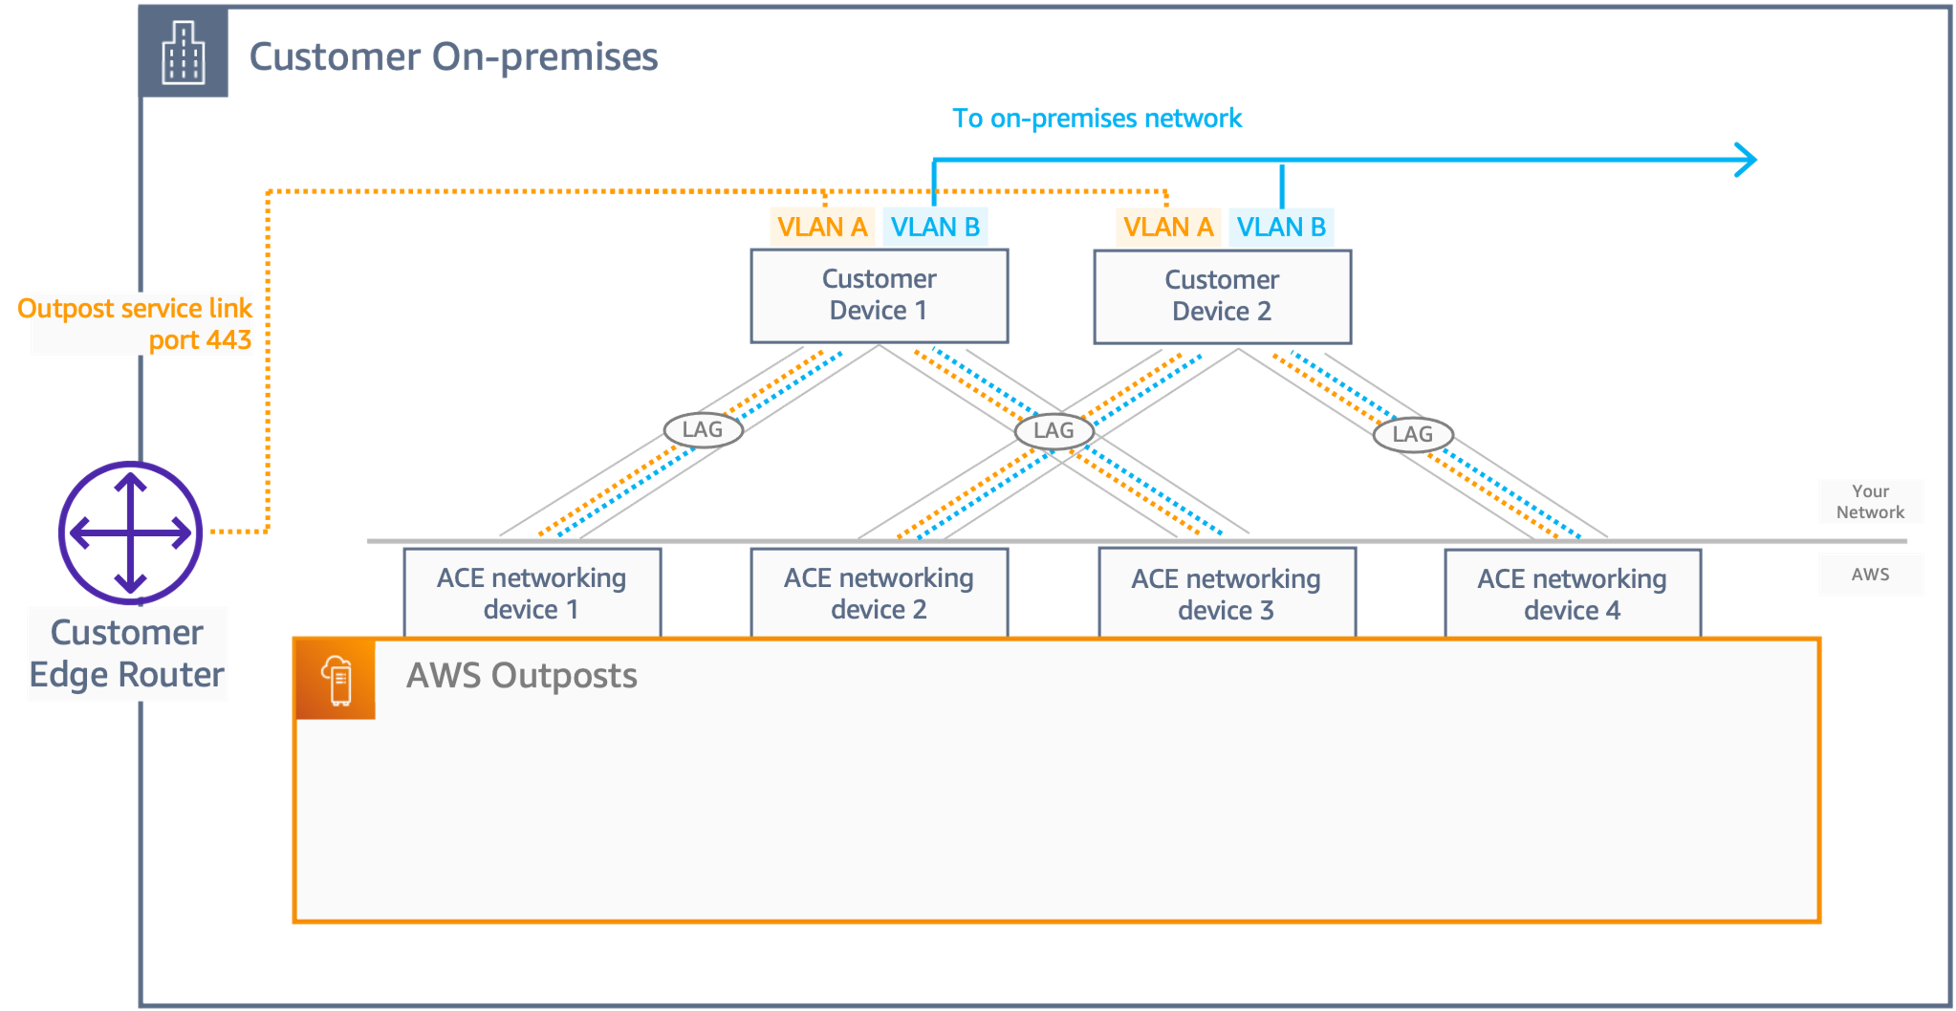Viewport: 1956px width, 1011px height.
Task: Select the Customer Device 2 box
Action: click(x=1222, y=296)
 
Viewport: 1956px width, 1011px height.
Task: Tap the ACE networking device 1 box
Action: click(x=532, y=593)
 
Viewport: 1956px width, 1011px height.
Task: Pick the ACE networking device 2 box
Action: click(x=878, y=593)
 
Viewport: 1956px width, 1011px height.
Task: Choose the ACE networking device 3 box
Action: click(x=1226, y=594)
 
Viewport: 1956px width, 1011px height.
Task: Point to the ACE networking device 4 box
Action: click(x=1572, y=594)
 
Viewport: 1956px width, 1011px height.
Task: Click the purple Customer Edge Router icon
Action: click(x=130, y=532)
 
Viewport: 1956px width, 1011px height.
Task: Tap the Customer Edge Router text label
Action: click(x=127, y=654)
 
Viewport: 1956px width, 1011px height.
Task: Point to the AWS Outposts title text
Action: click(x=522, y=675)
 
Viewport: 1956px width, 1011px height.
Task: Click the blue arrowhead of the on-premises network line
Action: click(x=1746, y=160)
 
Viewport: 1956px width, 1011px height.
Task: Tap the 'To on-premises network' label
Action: click(x=1097, y=118)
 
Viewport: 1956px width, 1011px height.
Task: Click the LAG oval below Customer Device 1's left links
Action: click(x=702, y=430)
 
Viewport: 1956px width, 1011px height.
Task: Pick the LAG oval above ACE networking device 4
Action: click(x=1412, y=434)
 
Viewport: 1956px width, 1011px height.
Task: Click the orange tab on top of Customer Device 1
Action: click(x=822, y=226)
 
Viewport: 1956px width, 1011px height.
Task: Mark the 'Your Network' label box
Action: click(x=1870, y=502)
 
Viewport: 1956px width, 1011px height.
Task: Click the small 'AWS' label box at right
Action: click(x=1870, y=575)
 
